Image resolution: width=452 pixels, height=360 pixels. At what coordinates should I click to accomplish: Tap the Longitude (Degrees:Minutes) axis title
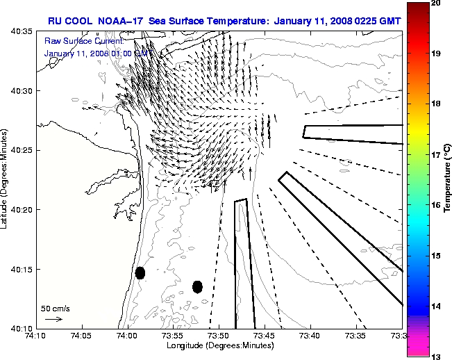point(219,345)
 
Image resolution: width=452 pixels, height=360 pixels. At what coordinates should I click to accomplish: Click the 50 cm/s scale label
point(55,308)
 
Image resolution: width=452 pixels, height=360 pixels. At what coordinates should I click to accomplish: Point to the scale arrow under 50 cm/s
point(53,319)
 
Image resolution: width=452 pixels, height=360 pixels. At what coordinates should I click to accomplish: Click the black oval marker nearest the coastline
point(140,272)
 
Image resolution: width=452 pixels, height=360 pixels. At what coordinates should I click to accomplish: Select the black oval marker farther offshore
point(197,286)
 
